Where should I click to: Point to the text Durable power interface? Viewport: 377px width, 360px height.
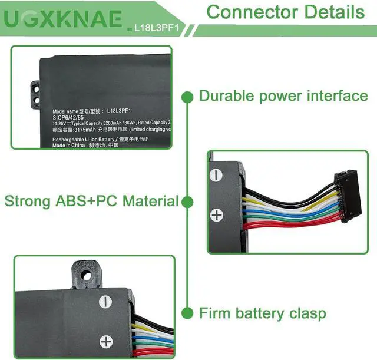(283, 95)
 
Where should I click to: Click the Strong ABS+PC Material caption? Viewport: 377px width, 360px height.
(91, 201)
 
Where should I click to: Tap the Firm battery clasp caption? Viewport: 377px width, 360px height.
(262, 312)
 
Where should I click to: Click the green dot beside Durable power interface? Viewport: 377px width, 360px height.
(188, 96)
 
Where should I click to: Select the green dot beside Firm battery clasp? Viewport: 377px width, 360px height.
(188, 312)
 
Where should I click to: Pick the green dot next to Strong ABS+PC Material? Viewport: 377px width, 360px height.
(188, 202)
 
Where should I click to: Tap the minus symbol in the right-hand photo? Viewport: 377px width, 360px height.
(217, 175)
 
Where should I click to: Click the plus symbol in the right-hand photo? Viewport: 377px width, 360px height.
(217, 214)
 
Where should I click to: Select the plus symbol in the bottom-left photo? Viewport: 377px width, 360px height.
(106, 341)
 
